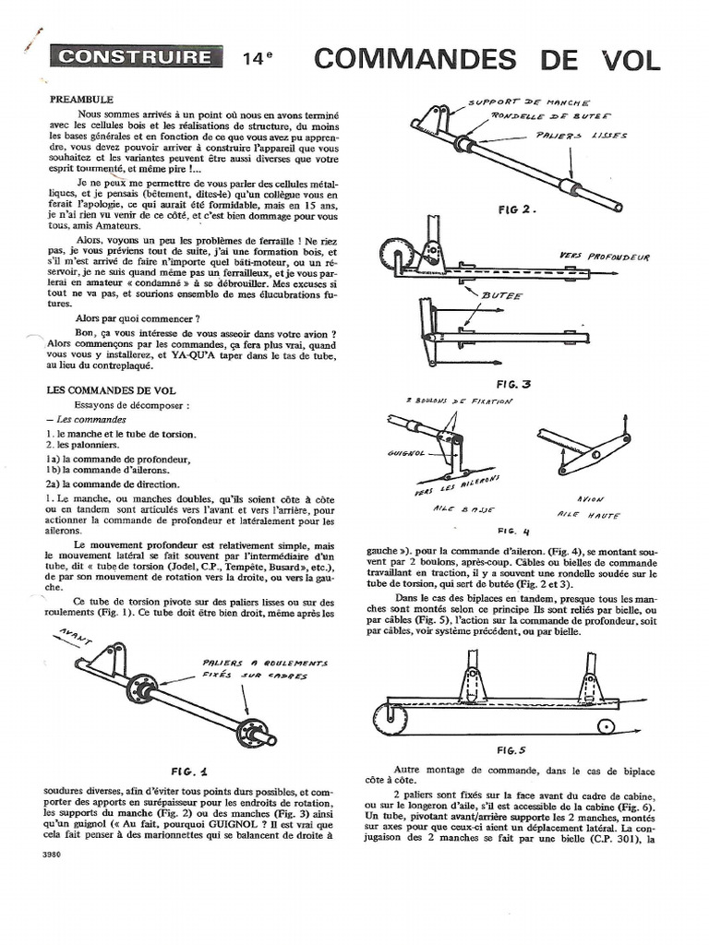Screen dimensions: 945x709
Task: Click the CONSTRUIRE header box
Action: click(137, 57)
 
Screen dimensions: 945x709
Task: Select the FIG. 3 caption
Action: click(514, 382)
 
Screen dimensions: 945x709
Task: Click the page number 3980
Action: click(52, 854)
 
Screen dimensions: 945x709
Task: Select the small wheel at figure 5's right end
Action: click(606, 724)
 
